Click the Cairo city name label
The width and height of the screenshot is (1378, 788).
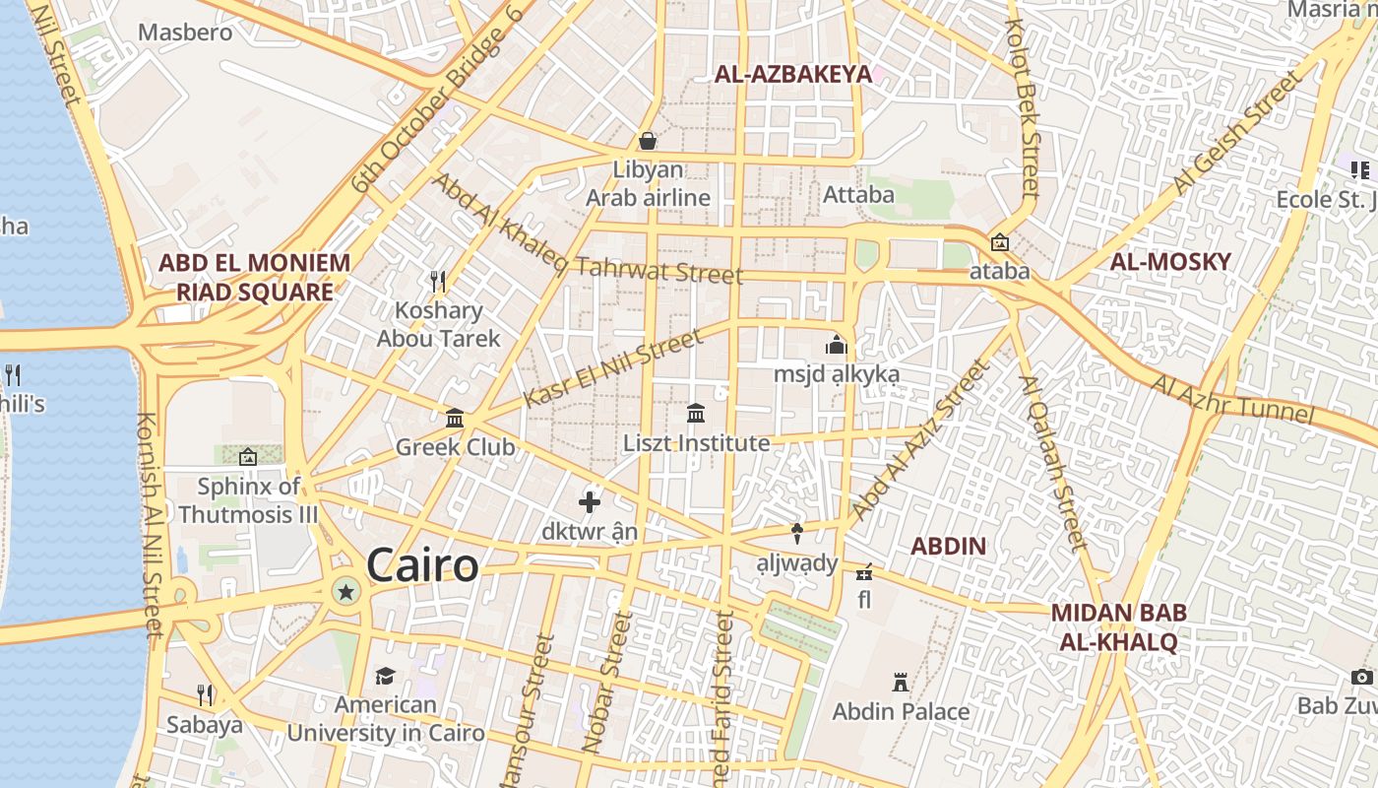[422, 566]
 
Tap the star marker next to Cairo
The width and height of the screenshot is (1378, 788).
[345, 592]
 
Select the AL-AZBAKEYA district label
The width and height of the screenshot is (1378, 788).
[793, 74]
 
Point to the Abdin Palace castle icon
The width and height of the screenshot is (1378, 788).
[900, 682]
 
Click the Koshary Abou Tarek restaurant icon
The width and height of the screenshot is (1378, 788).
[438, 282]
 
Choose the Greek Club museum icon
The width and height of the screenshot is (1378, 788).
[455, 419]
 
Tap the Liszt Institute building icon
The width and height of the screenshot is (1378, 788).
[696, 414]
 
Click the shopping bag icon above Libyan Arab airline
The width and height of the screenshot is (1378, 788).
[648, 141]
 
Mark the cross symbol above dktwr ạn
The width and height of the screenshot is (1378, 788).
[590, 502]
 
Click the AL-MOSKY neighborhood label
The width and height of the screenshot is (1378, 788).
[1170, 262]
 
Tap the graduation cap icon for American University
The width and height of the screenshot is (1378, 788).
[385, 676]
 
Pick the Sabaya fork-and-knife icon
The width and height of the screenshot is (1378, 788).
[205, 695]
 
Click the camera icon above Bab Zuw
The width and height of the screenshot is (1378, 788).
[1361, 677]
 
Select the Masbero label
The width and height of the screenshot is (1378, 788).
[185, 33]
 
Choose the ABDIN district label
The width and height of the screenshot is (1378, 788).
[948, 546]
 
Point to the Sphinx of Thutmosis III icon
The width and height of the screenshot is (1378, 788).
[247, 457]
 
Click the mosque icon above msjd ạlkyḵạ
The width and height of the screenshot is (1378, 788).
[837, 345]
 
